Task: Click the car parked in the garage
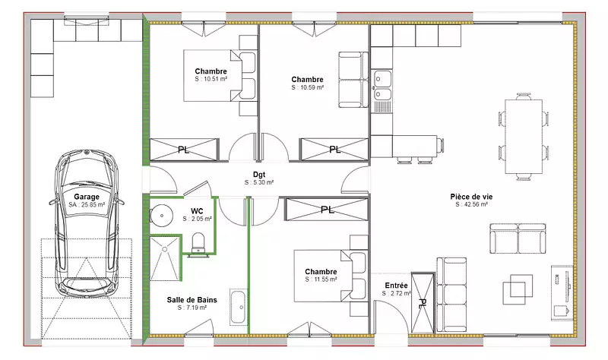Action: (x=87, y=223)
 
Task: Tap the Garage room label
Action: (x=87, y=197)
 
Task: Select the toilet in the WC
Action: (x=198, y=243)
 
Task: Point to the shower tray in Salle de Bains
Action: (x=165, y=258)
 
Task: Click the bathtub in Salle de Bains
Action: (x=238, y=307)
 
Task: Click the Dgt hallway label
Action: (x=259, y=175)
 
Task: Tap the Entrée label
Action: (x=396, y=286)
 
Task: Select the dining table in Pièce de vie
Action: (x=524, y=137)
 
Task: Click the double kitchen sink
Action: (x=382, y=86)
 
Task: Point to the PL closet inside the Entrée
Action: (x=423, y=302)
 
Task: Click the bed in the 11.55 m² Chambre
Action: (x=331, y=276)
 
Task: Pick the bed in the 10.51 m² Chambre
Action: (x=220, y=75)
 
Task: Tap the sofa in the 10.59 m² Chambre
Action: (x=353, y=80)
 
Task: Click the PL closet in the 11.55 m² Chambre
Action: (x=327, y=210)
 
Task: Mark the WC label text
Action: (x=197, y=211)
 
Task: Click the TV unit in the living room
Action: (x=562, y=292)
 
